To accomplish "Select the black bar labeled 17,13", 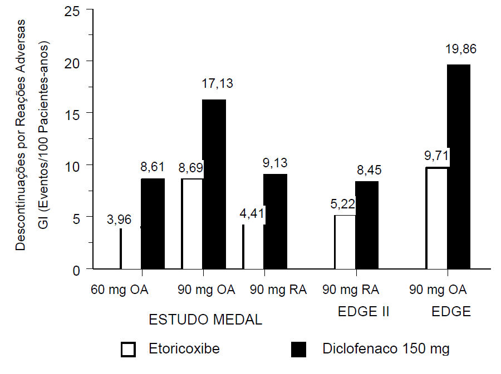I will (x=214, y=184).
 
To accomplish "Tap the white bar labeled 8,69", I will (x=192, y=224).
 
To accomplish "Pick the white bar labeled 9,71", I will (x=437, y=218).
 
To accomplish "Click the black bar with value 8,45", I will (x=367, y=225).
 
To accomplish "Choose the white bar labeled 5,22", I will (x=345, y=242).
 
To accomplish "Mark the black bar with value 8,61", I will (x=153, y=224).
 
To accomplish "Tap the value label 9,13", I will (x=276, y=163).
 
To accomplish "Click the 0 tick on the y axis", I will (x=75, y=270).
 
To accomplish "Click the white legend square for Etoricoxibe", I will (x=129, y=349).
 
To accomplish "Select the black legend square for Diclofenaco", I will (x=299, y=349).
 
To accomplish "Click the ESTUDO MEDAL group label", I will (x=205, y=320).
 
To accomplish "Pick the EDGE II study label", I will (x=363, y=312).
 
